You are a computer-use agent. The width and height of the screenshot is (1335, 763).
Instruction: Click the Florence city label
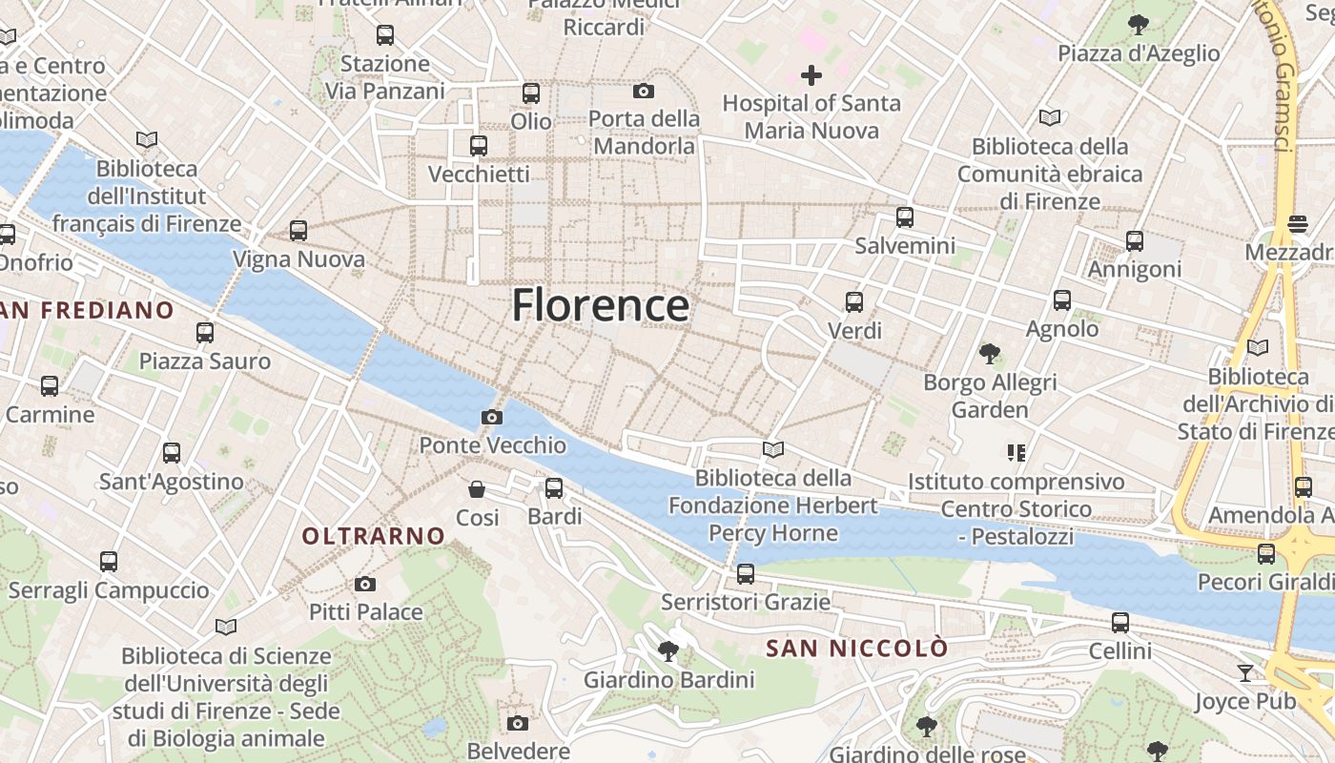pyautogui.click(x=601, y=305)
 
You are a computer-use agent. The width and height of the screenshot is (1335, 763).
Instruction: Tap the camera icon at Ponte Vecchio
pyautogui.click(x=492, y=417)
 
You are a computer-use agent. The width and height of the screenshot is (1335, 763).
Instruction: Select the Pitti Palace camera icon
pyautogui.click(x=364, y=584)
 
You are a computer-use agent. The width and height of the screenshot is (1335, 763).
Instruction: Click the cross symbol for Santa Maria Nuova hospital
pyautogui.click(x=811, y=74)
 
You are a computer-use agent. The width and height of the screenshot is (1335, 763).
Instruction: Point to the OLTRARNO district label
pyautogui.click(x=374, y=536)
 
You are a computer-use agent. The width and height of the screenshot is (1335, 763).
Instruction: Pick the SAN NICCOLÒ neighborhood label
pyautogui.click(x=857, y=649)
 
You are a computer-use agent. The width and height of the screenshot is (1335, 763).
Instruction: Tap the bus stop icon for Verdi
pyautogui.click(x=854, y=302)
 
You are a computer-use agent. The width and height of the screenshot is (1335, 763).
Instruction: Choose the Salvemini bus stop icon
pyautogui.click(x=905, y=217)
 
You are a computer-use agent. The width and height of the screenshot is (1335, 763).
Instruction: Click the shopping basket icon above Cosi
pyautogui.click(x=477, y=489)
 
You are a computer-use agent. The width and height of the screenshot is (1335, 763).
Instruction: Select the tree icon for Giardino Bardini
pyautogui.click(x=668, y=651)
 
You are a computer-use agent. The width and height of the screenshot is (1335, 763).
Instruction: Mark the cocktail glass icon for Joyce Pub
pyautogui.click(x=1245, y=673)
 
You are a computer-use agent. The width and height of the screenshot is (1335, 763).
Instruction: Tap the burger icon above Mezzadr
pyautogui.click(x=1297, y=223)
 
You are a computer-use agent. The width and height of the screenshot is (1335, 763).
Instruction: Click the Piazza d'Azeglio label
pyautogui.click(x=1139, y=53)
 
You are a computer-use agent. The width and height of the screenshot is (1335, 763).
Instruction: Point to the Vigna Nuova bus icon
pyautogui.click(x=298, y=230)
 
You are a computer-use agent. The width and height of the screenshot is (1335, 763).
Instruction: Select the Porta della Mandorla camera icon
pyautogui.click(x=644, y=92)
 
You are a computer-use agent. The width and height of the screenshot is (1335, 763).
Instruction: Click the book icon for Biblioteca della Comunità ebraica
pyautogui.click(x=1050, y=117)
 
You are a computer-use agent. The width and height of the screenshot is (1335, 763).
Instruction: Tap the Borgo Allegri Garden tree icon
pyautogui.click(x=990, y=354)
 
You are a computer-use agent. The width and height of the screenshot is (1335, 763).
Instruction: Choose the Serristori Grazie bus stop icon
pyautogui.click(x=746, y=574)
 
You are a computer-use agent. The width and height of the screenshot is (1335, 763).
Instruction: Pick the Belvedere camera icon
pyautogui.click(x=518, y=723)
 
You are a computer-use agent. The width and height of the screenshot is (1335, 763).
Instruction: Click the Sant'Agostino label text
pyautogui.click(x=172, y=482)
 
